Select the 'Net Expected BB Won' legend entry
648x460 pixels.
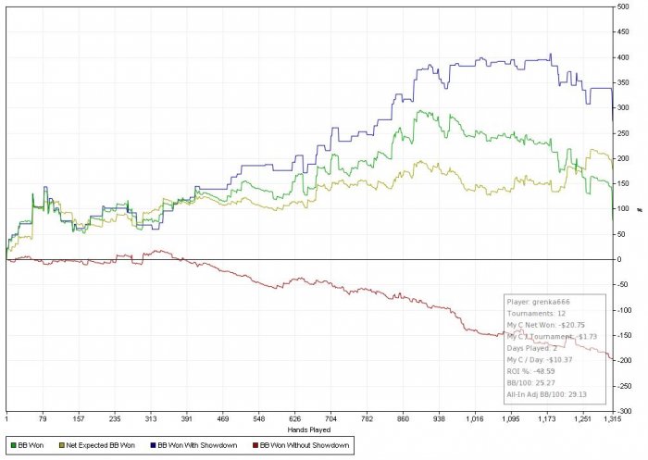(97, 446)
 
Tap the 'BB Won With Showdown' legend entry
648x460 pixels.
(200, 446)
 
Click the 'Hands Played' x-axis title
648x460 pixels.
(309, 430)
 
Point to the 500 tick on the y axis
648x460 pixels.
(627, 6)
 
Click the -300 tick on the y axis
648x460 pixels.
(626, 411)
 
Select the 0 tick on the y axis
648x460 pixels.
(624, 259)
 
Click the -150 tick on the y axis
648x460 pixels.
(626, 335)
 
